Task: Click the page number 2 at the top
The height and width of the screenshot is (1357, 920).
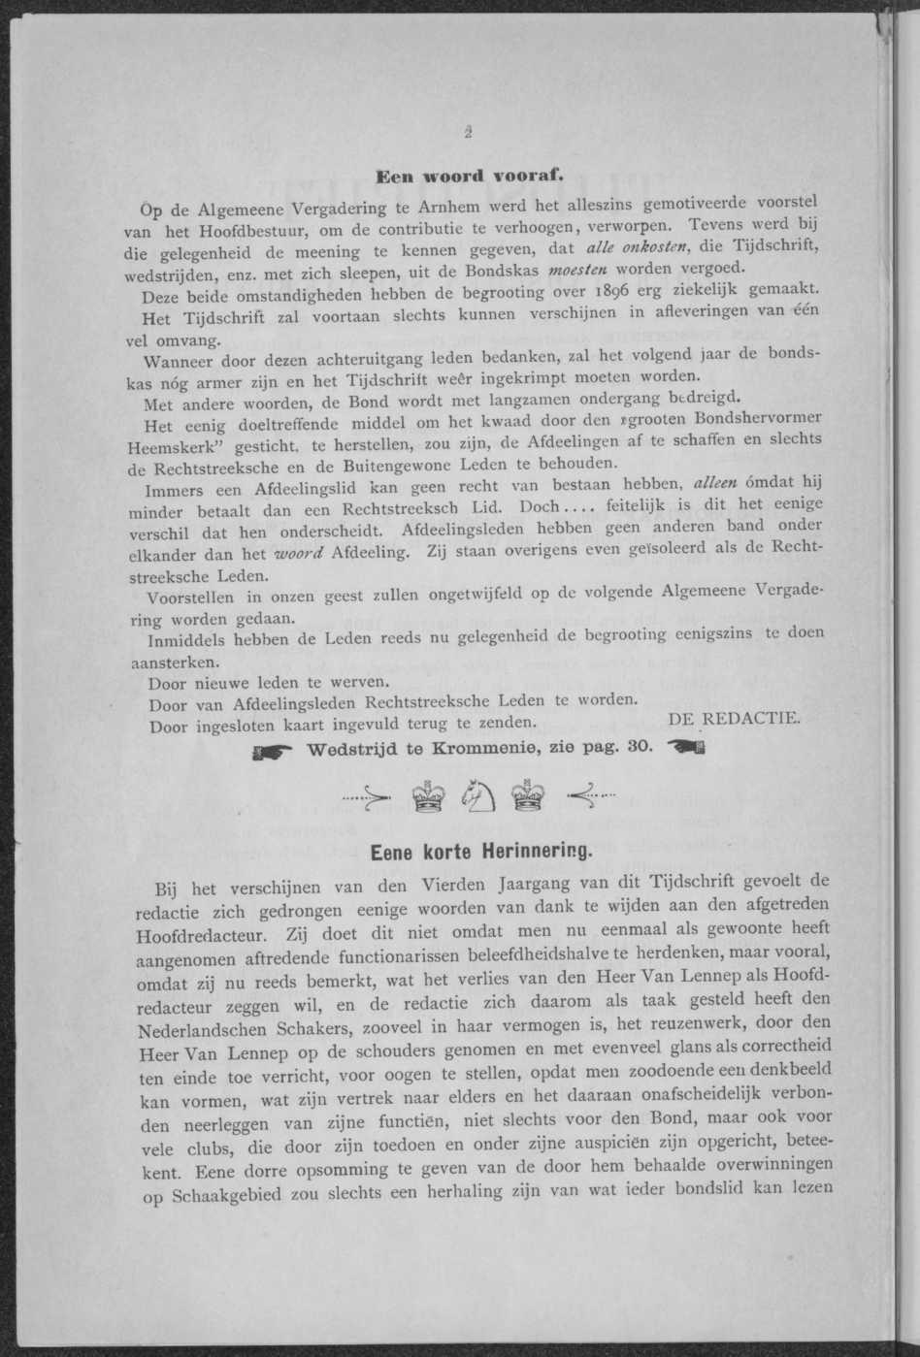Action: pos(467,136)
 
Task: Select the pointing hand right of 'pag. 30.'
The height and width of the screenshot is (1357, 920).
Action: pos(686,748)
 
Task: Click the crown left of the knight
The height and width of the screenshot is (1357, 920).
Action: pos(426,798)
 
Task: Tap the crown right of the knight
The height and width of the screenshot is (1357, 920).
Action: pos(528,798)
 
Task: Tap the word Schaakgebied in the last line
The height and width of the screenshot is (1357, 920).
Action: pos(230,1196)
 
